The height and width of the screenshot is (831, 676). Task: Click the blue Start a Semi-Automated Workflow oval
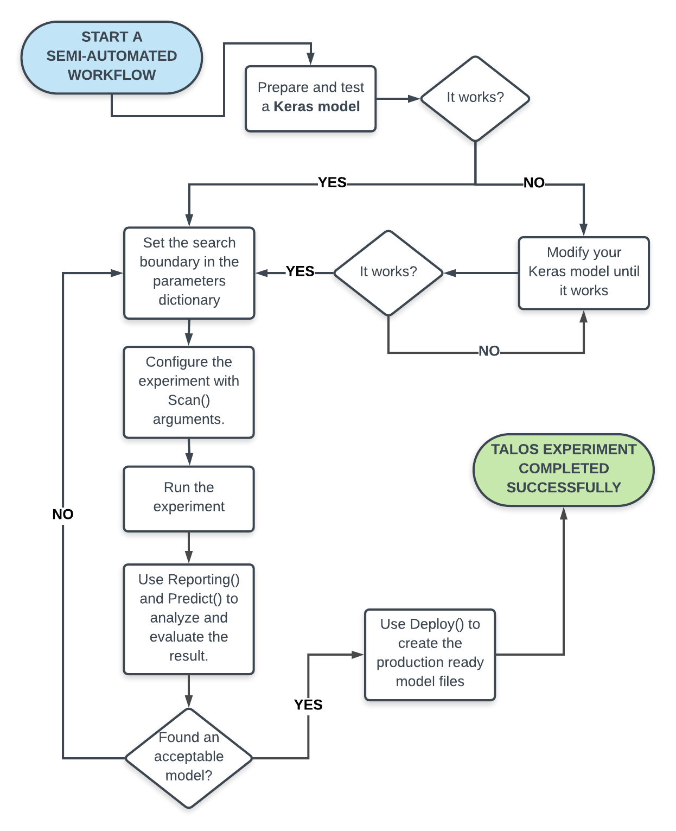[x=111, y=57]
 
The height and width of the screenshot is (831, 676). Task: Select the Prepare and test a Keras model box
[x=310, y=98]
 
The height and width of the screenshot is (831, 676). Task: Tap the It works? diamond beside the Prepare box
[x=475, y=98]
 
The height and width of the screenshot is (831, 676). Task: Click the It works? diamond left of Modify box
[x=388, y=272]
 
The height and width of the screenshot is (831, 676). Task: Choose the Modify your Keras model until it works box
[x=583, y=272]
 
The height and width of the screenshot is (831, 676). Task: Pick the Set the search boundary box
[x=189, y=272]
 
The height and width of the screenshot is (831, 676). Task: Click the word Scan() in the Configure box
[x=189, y=400]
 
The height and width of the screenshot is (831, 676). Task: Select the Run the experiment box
[x=189, y=498]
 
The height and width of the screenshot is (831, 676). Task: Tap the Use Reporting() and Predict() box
[x=189, y=619]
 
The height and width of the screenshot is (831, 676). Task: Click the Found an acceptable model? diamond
[x=189, y=757]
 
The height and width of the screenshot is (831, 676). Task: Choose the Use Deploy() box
[x=430, y=654]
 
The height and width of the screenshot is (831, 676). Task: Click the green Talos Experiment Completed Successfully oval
[x=563, y=469]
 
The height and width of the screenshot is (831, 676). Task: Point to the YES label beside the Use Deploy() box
[x=308, y=705]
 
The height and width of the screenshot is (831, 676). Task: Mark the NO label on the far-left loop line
[x=63, y=514]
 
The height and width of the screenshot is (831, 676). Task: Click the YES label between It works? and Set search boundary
[x=300, y=271]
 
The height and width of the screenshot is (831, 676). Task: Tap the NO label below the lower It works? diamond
[x=489, y=351]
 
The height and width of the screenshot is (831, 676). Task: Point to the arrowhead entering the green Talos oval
[x=564, y=513]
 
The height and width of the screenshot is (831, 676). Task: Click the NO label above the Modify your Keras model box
[x=534, y=183]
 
